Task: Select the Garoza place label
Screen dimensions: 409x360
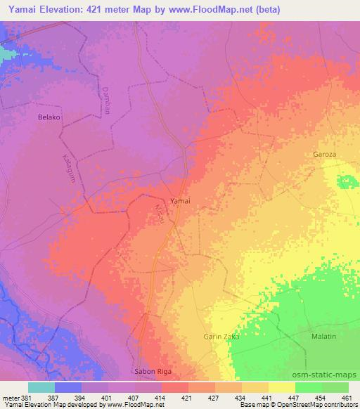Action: (325, 153)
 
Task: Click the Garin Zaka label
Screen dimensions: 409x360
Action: (222, 337)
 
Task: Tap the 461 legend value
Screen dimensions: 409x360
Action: (347, 396)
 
